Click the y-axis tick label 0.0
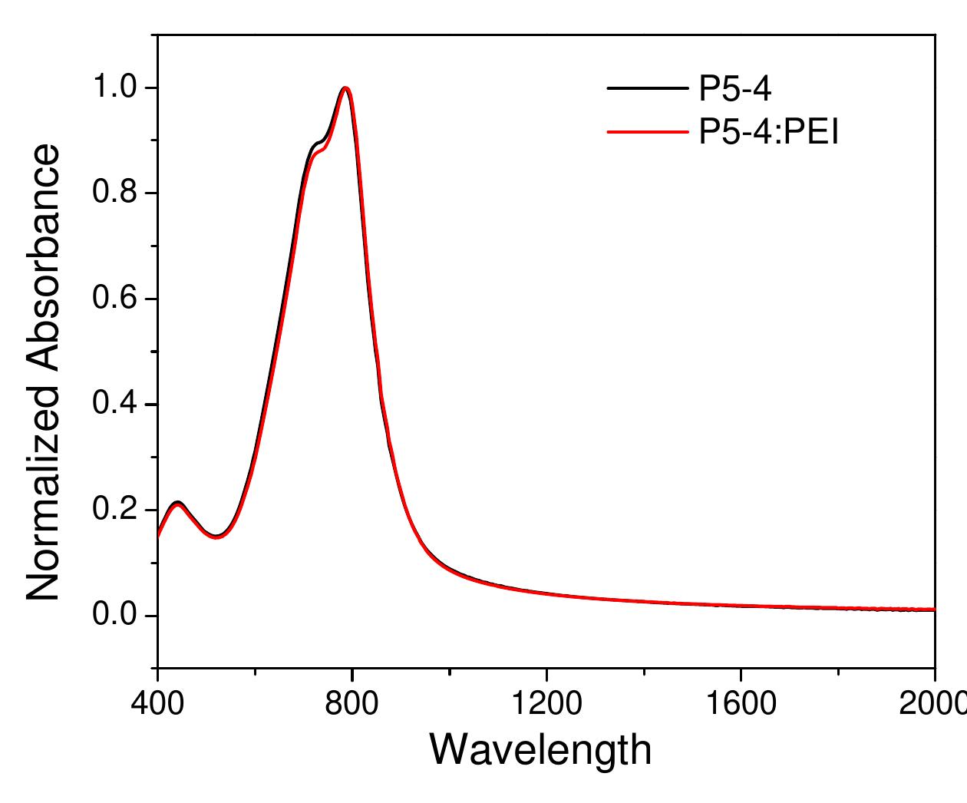[114, 616]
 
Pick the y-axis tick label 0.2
[114, 510]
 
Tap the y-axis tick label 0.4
[114, 405]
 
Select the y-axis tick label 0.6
[114, 299]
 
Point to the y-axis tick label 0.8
[114, 193]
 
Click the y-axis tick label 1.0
[114, 88]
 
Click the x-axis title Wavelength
[540, 749]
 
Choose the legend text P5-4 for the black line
[734, 89]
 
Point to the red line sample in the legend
[647, 133]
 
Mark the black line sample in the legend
[647, 89]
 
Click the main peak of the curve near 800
[345, 88]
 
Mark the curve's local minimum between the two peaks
[217, 536]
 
